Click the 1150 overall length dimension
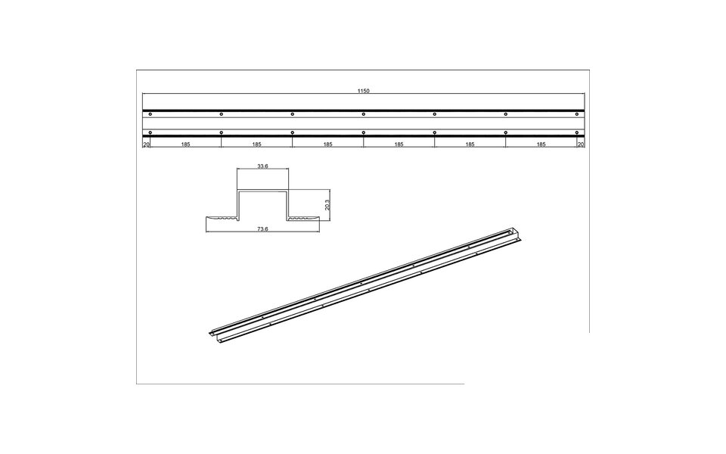pos(364,91)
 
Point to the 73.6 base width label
pos(262,229)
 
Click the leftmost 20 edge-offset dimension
pos(146,143)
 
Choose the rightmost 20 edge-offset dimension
pos(581,143)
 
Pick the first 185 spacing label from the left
pos(185,143)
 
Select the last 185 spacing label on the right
pos(541,143)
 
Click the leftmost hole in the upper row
pos(150,114)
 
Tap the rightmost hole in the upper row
pos(577,114)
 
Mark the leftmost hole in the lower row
pos(150,133)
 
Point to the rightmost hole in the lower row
pos(577,133)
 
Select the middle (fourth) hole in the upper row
pos(364,114)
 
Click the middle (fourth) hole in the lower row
pos(364,133)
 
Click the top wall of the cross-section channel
pos(262,192)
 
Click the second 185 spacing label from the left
pos(256,143)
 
